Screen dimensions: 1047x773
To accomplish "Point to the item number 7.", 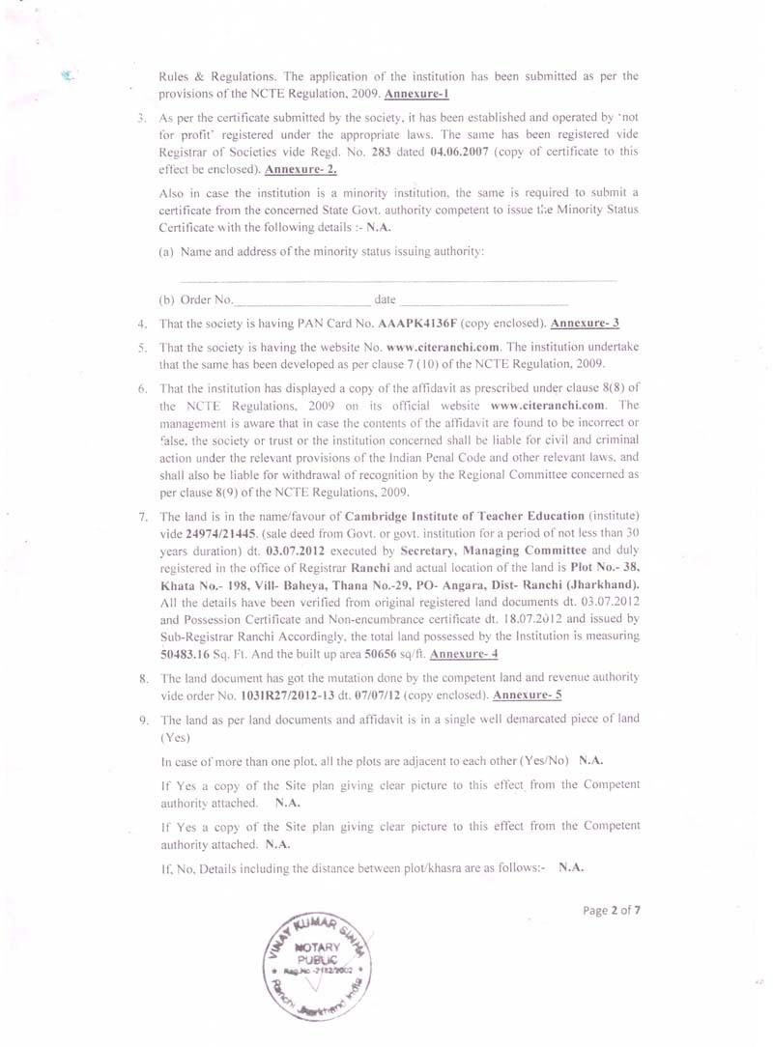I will tap(142, 516).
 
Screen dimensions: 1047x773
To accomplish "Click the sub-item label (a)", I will tap(166, 251).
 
